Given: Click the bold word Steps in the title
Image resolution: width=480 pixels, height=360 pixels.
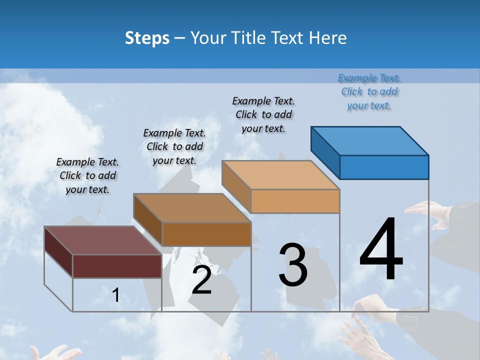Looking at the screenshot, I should pos(147,38).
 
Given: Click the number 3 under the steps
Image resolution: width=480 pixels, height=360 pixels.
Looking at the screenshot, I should pos(293,265).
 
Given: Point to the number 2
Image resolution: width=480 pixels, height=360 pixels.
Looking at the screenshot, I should pos(201,280).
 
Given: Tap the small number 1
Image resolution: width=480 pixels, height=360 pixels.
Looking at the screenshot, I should pos(115,295).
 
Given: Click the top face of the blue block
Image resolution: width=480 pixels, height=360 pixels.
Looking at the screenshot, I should pos(370,141).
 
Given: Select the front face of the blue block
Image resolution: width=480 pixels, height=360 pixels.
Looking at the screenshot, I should pos(384,167).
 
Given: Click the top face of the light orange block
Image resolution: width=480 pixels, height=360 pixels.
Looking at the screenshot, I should pos(281,175).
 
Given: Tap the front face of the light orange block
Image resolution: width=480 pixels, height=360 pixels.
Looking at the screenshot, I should pos(295,201).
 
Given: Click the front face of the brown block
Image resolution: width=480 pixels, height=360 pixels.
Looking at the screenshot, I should pos(206,234).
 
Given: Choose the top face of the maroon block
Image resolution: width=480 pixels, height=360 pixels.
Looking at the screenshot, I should pos(103,240).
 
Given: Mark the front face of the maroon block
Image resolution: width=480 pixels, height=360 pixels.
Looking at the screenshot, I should pos(117,266).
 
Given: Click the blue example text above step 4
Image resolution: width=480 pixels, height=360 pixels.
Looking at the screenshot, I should pos(369,92).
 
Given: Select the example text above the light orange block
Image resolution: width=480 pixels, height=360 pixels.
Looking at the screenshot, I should pos(263,114).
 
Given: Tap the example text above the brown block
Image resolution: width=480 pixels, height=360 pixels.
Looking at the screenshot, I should pos(174,146).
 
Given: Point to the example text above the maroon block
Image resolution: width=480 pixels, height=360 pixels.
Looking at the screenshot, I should pos(87,175).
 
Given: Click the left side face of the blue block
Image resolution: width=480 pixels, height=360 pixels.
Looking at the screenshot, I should pos(325,152).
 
